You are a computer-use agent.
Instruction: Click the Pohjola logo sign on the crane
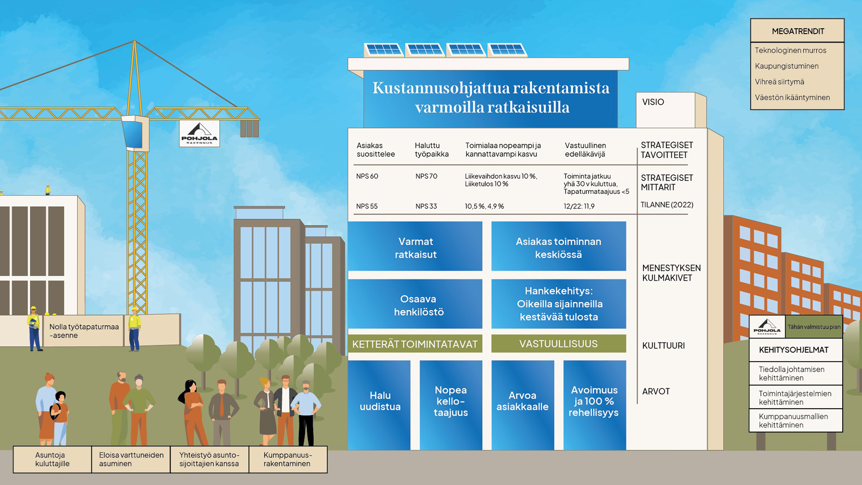pyautogui.click(x=199, y=133)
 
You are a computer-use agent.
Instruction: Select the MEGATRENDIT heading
pyautogui.click(x=798, y=31)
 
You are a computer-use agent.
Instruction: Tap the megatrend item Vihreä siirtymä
pyautogui.click(x=779, y=82)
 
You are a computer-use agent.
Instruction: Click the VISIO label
pyautogui.click(x=653, y=102)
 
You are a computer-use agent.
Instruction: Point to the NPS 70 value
pyautogui.click(x=426, y=176)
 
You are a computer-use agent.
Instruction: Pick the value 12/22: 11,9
pyautogui.click(x=579, y=206)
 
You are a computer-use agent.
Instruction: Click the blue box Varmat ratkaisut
pyautogui.click(x=415, y=246)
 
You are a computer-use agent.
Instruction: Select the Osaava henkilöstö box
pyautogui.click(x=415, y=304)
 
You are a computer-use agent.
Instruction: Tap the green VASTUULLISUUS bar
pyautogui.click(x=559, y=344)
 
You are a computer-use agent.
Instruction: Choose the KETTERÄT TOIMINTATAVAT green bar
pyautogui.click(x=415, y=344)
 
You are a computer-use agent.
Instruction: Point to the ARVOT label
pyautogui.click(x=655, y=391)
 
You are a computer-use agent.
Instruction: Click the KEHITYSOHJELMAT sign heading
pyautogui.click(x=793, y=350)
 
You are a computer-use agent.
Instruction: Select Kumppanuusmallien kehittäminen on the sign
pyautogui.click(x=793, y=420)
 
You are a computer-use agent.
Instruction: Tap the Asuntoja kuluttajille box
pyautogui.click(x=52, y=459)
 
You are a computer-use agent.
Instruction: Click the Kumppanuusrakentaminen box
pyautogui.click(x=288, y=459)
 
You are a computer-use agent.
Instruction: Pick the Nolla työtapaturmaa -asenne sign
pyautogui.click(x=84, y=331)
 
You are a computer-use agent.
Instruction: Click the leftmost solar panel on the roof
pyautogui.click(x=383, y=50)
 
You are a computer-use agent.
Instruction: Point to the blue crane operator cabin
pyautogui.click(x=135, y=133)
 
